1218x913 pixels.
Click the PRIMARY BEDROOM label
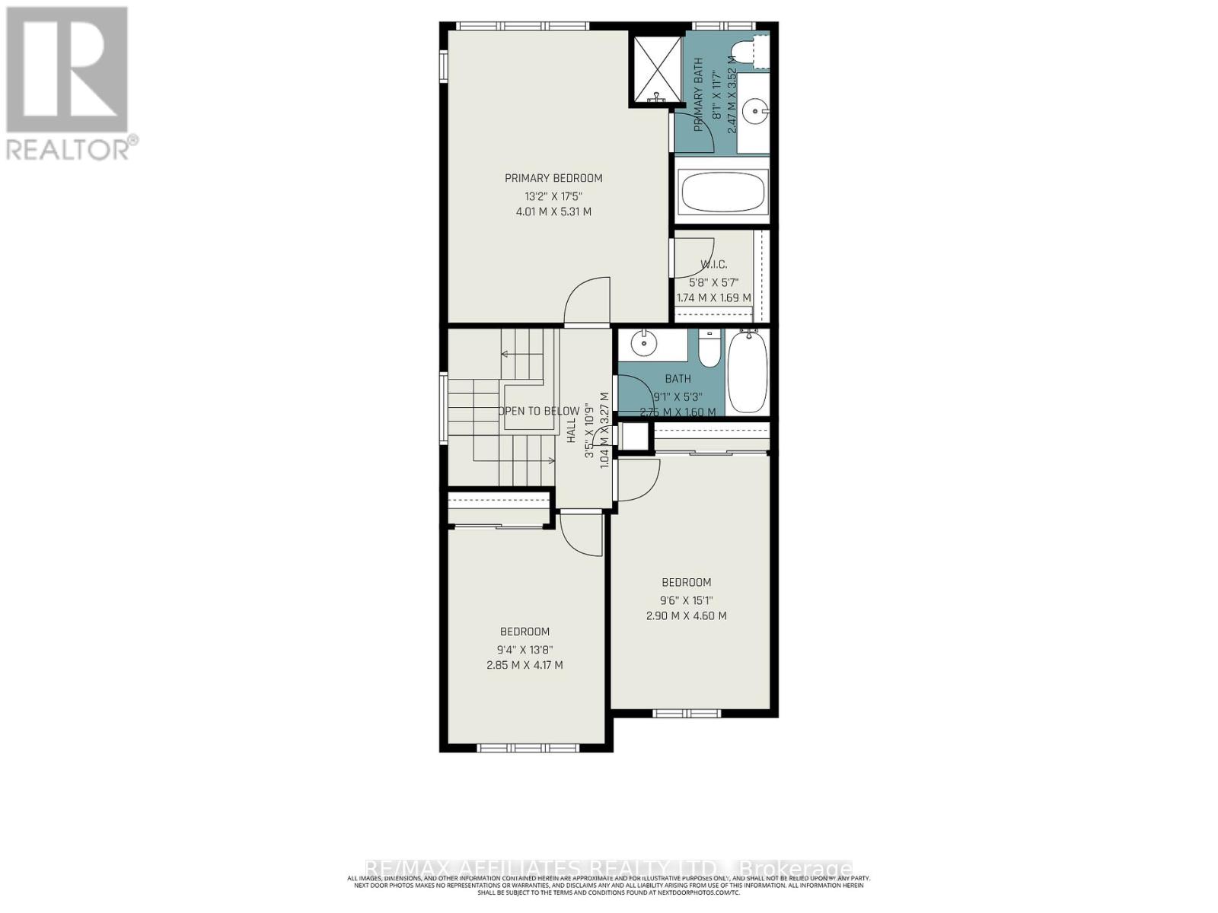(553, 178)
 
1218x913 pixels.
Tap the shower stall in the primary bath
(655, 68)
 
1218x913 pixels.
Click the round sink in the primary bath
(754, 112)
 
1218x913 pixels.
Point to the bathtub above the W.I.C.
(722, 191)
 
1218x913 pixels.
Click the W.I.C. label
(713, 265)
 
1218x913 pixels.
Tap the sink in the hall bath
(645, 344)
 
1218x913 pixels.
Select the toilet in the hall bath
(708, 350)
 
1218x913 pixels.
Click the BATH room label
(678, 379)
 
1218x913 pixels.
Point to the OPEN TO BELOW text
(539, 411)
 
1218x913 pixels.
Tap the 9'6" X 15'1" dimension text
(686, 600)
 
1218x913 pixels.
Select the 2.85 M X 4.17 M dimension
(525, 665)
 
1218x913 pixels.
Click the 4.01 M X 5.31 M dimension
(553, 212)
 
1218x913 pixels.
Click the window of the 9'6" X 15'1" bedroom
(686, 714)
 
